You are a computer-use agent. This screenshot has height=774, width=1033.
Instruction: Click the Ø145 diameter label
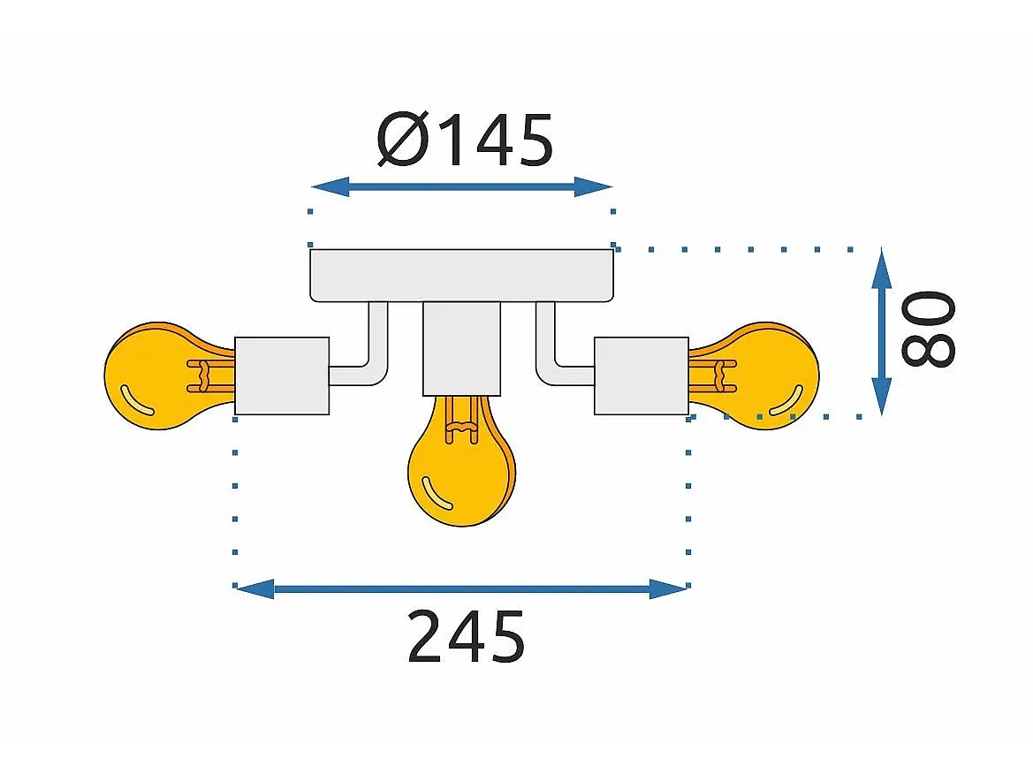[x=465, y=140]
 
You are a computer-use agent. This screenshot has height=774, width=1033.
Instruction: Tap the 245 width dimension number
[x=466, y=636]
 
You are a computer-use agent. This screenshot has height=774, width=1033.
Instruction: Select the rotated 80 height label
[x=928, y=328]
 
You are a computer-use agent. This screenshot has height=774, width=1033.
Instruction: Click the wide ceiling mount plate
[x=462, y=276]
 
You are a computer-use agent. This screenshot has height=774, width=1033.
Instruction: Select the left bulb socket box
[x=282, y=376]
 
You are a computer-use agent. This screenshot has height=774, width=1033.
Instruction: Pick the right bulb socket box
[x=642, y=376]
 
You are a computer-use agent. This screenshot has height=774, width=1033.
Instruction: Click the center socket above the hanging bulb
[x=462, y=348]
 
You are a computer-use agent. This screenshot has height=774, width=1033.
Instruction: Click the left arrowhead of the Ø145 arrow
[x=330, y=187]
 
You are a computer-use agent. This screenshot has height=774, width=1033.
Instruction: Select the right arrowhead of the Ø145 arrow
[x=594, y=187]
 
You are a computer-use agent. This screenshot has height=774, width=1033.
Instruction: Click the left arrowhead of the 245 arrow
[x=255, y=589]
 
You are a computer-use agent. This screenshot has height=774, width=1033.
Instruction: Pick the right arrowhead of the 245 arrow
[x=669, y=589]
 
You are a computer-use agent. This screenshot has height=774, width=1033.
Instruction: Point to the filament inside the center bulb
[x=462, y=420]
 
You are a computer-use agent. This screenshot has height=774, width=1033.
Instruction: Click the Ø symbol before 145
[x=403, y=140]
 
